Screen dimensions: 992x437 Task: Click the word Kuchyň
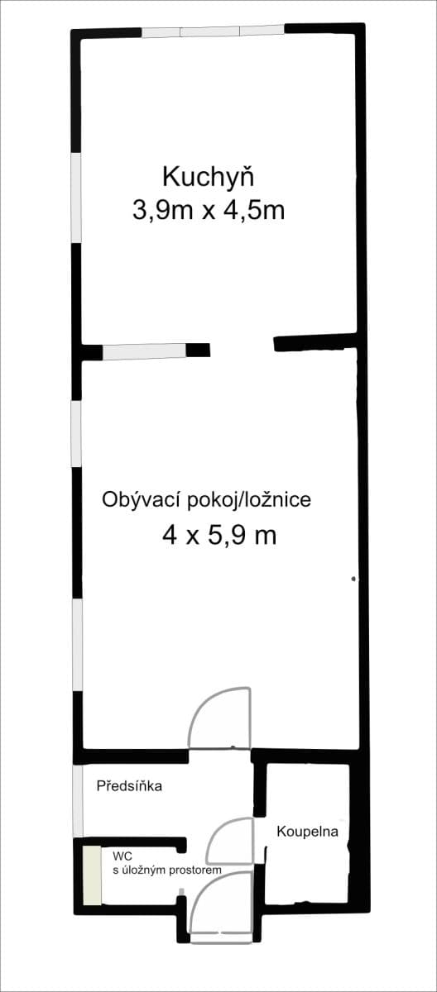click(208, 178)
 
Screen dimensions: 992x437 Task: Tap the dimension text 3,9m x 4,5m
click(208, 211)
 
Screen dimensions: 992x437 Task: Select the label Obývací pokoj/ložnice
click(206, 499)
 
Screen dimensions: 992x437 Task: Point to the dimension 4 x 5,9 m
click(219, 536)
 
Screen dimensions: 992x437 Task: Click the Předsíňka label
click(128, 786)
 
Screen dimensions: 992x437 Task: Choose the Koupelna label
click(308, 831)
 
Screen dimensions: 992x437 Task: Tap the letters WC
click(122, 856)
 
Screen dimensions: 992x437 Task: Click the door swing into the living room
click(220, 717)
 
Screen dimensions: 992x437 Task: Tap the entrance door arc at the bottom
click(220, 905)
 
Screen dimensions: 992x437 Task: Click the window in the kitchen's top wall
click(213, 31)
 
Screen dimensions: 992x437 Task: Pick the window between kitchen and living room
click(144, 352)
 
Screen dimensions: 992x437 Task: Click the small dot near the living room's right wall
click(353, 578)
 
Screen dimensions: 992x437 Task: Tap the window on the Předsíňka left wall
click(78, 800)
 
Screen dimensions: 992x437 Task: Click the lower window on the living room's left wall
click(77, 644)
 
